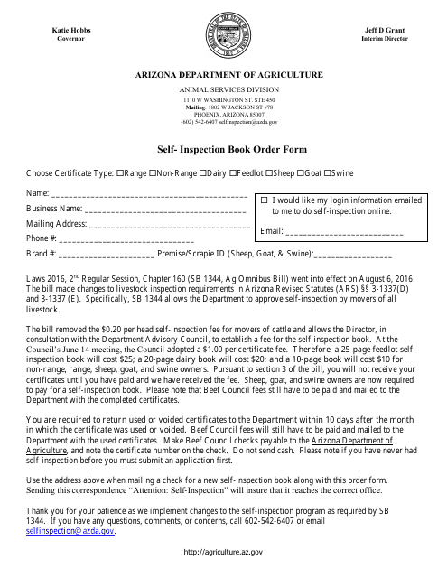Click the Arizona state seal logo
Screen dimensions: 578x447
tap(223, 35)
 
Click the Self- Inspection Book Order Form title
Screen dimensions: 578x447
tap(223, 149)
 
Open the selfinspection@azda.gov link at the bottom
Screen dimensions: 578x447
tap(70, 533)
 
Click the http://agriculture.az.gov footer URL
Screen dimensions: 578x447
tap(223, 551)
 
